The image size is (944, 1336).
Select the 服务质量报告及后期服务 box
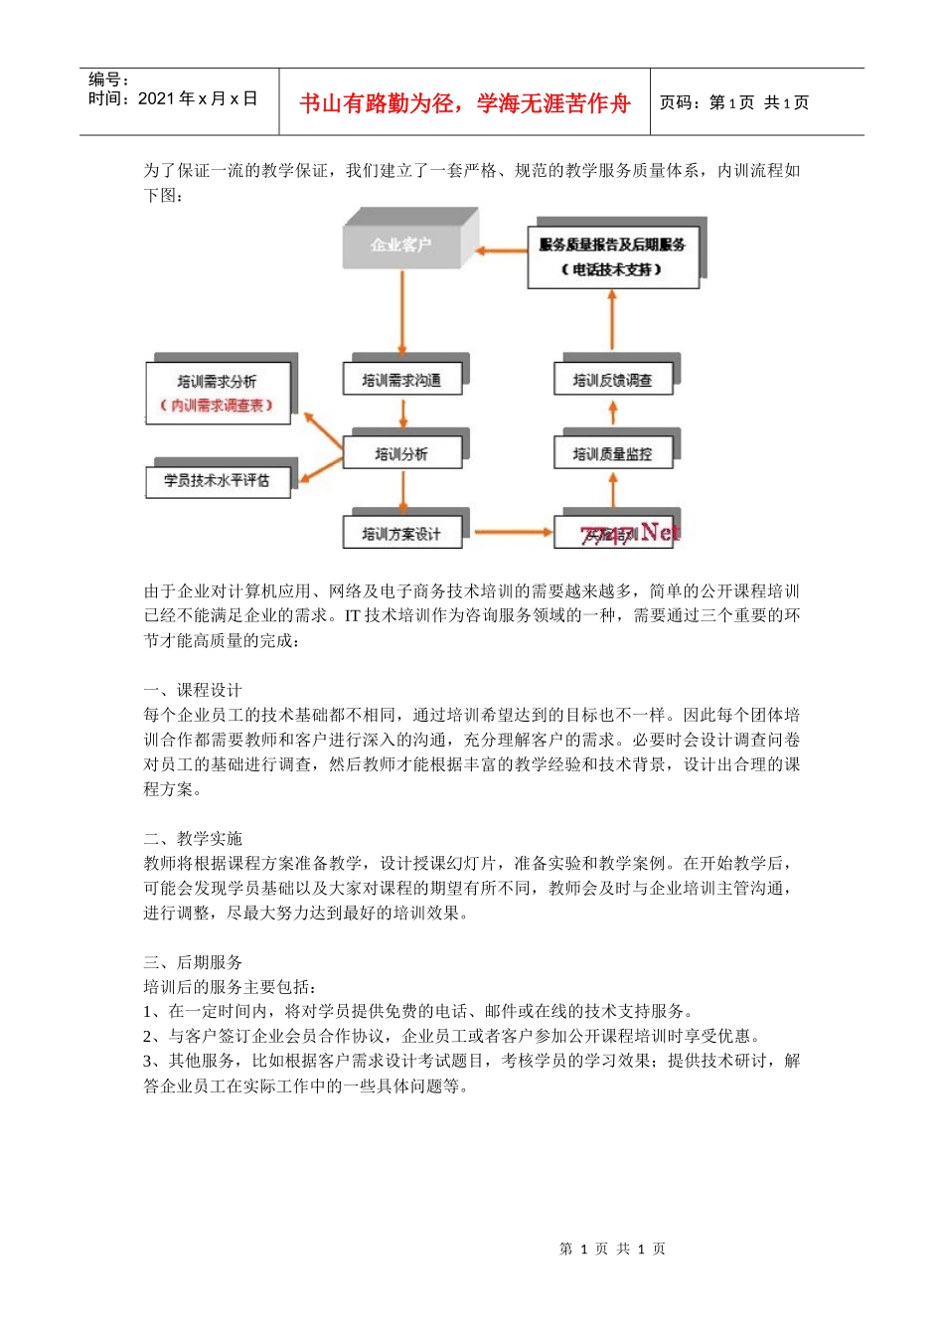click(612, 257)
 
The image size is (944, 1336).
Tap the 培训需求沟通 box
click(401, 380)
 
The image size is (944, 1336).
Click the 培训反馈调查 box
click(612, 380)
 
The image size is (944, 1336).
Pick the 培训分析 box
click(401, 454)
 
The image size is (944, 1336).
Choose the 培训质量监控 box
click(612, 454)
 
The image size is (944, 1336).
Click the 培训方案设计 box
click(401, 534)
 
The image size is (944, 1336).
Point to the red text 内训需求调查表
click(217, 406)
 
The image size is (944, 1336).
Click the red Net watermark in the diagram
click(660, 532)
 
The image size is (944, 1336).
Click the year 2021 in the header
click(156, 98)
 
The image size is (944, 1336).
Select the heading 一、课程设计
click(193, 690)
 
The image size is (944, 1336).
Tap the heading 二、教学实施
click(193, 838)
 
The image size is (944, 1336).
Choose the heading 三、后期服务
click(193, 962)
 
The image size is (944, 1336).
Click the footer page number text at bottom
click(612, 1249)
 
